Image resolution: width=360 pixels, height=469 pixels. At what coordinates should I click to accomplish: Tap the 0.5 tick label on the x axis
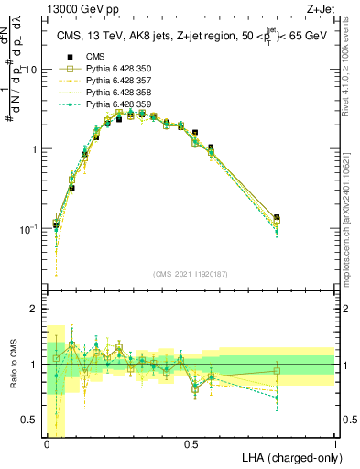click(x=191, y=443)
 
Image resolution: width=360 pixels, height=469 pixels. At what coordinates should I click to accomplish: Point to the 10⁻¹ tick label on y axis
click(x=28, y=228)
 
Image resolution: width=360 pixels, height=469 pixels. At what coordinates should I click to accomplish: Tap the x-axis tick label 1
click(x=334, y=443)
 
